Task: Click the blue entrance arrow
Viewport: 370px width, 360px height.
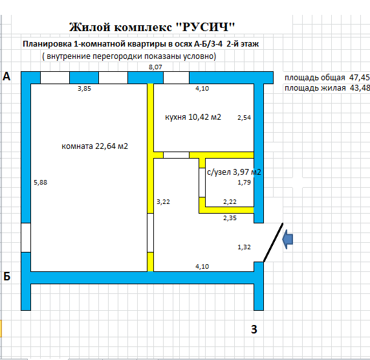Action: click(288, 240)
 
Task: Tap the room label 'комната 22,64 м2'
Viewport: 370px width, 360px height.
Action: click(94, 146)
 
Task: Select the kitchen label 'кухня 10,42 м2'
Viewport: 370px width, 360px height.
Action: click(193, 117)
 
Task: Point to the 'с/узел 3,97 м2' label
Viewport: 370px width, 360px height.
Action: click(234, 172)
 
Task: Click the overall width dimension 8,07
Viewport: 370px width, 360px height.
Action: click(155, 67)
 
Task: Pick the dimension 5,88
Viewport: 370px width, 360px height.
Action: click(40, 183)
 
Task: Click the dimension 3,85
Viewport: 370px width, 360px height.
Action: click(84, 88)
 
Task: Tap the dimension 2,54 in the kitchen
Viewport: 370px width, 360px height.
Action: click(244, 117)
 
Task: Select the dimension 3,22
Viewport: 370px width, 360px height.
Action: click(163, 202)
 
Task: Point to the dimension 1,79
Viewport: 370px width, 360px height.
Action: click(244, 183)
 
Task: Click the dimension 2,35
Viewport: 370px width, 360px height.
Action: click(230, 218)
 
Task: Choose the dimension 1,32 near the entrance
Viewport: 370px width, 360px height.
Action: click(244, 247)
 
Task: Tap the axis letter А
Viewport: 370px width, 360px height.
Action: click(6, 76)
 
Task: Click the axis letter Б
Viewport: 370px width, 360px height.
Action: click(7, 276)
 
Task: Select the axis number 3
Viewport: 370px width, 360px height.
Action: click(254, 330)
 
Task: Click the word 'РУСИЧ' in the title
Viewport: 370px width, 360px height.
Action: click(205, 27)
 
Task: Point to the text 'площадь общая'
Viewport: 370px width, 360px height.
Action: click(315, 78)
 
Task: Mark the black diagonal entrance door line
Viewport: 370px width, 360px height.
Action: click(273, 242)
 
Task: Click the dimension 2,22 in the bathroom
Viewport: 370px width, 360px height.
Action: click(230, 202)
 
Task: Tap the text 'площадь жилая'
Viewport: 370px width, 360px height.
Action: click(315, 88)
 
